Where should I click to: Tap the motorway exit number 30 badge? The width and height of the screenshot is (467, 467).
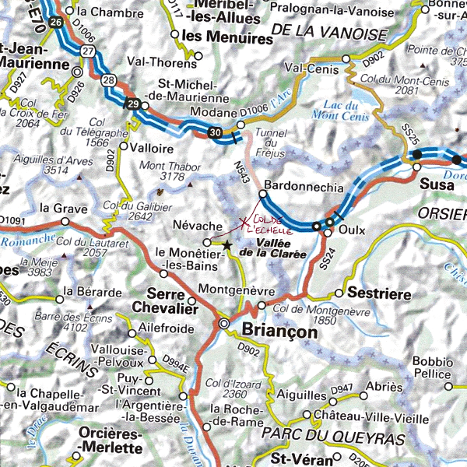[216, 133]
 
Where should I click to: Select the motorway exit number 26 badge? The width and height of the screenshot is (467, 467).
[54, 23]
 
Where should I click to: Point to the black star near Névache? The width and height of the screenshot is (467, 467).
[226, 245]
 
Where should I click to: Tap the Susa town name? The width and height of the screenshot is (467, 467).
[436, 184]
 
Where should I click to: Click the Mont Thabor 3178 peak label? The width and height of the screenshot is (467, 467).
[161, 171]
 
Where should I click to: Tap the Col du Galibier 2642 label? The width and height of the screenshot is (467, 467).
[149, 211]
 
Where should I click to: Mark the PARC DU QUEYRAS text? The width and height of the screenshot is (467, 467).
[322, 435]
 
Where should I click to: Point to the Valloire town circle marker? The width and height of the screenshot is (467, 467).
[123, 146]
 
